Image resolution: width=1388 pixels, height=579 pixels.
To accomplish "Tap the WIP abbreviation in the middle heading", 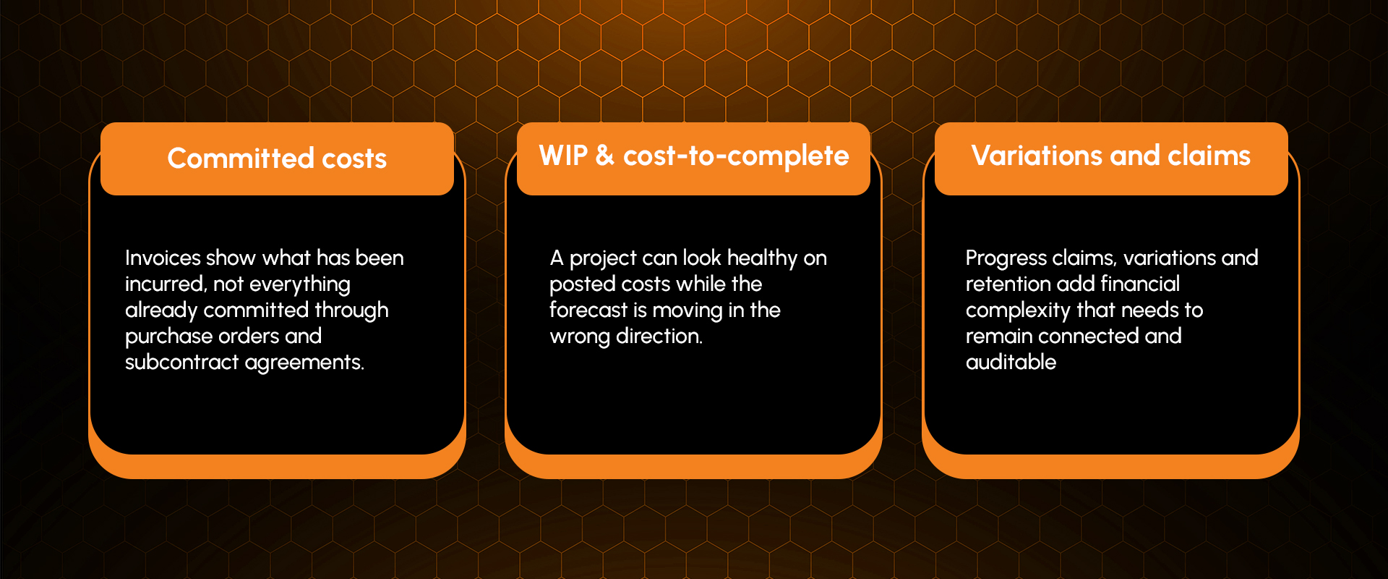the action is click(563, 155).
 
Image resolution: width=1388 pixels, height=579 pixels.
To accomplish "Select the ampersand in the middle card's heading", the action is click(605, 155).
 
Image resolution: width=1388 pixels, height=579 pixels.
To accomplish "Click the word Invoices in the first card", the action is click(163, 258).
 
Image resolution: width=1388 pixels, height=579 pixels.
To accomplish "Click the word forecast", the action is click(588, 310).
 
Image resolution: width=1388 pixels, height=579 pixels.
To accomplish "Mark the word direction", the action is click(659, 336).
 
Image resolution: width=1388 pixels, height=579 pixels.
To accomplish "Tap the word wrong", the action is click(580, 337).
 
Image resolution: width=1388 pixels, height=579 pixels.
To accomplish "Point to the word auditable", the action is click(1011, 362).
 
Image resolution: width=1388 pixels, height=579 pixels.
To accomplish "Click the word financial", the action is click(1141, 284).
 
